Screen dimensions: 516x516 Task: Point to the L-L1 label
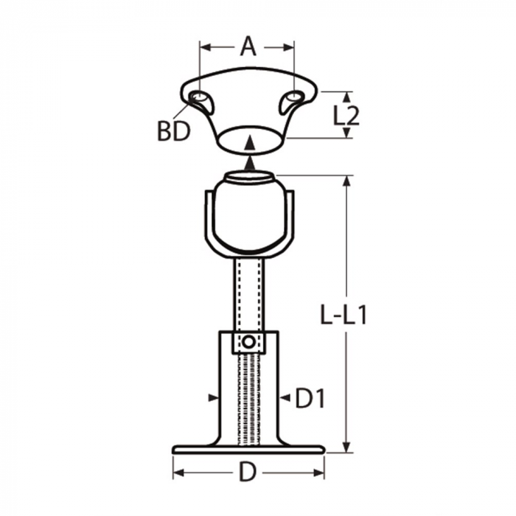click(344, 315)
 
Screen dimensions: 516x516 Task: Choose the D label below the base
click(248, 473)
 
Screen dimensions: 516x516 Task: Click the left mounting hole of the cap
click(198, 99)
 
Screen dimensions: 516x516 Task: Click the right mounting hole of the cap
click(293, 98)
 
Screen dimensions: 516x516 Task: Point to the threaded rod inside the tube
click(248, 398)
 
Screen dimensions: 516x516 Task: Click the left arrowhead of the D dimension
click(178, 473)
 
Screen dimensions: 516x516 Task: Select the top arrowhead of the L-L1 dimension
click(345, 181)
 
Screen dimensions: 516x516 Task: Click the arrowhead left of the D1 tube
click(214, 398)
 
